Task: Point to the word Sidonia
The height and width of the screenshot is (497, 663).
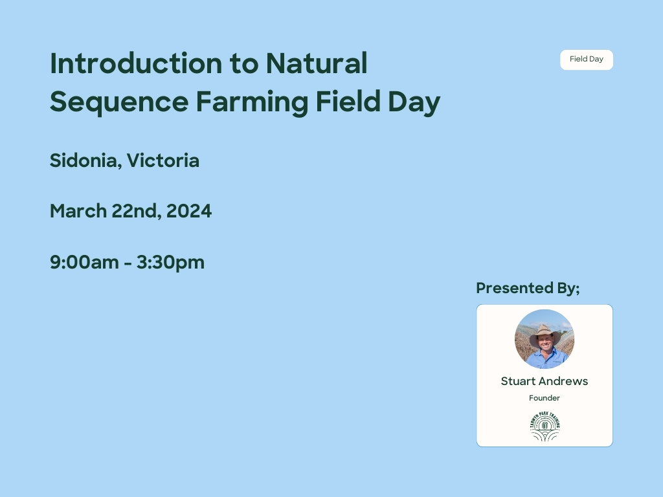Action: [85, 160]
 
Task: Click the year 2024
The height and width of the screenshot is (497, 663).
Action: [189, 211]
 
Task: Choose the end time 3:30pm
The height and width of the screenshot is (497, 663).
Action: [170, 262]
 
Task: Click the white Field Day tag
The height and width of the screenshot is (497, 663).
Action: [587, 60]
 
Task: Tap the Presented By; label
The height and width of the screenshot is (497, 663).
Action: [528, 288]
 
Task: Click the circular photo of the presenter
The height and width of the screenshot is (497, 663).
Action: [545, 339]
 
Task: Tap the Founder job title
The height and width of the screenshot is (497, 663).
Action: [545, 398]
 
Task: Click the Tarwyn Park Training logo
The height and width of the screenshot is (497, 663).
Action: [545, 426]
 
